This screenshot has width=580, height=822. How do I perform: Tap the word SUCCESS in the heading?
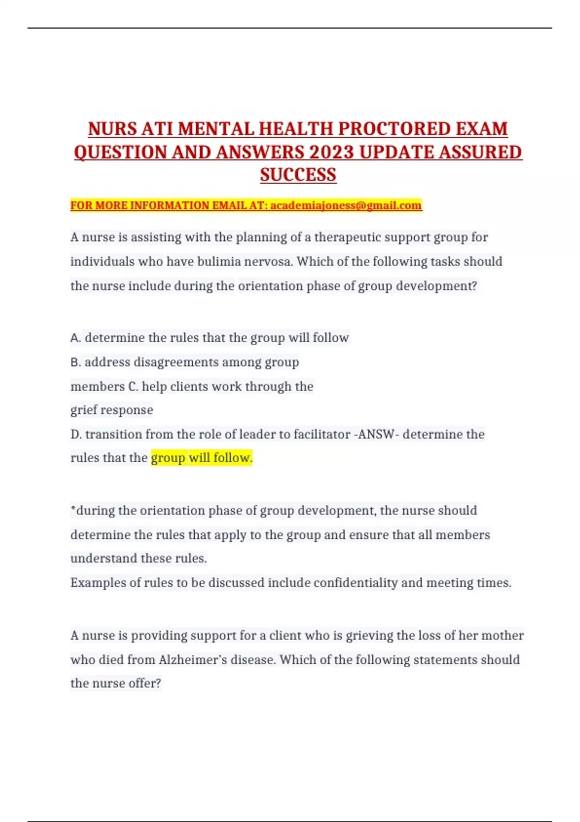point(298,175)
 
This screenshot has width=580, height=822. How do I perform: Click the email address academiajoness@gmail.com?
point(346,205)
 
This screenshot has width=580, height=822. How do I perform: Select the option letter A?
point(75,338)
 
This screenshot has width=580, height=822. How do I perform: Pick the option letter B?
point(75,362)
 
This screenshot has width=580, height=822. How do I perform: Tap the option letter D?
point(75,434)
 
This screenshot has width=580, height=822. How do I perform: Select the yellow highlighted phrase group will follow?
point(202,457)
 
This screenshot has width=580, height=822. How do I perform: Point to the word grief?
point(84,410)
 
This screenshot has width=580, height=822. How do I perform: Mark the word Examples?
point(98,583)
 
